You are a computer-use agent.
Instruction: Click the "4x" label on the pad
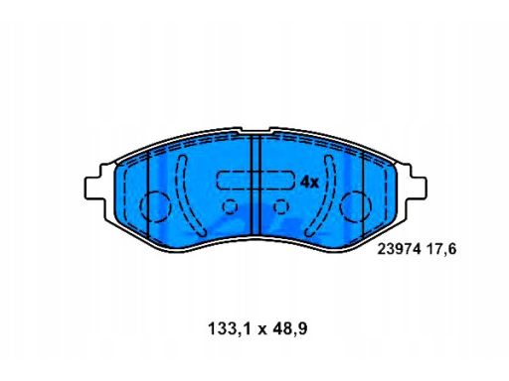click(309, 182)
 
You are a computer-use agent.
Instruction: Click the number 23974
click(400, 249)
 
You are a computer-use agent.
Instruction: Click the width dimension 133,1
click(229, 329)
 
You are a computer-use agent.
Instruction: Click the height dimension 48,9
click(289, 329)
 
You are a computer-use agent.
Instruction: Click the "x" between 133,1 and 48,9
click(261, 330)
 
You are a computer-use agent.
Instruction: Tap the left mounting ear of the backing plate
click(96, 188)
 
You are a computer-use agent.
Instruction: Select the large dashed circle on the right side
click(371, 207)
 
